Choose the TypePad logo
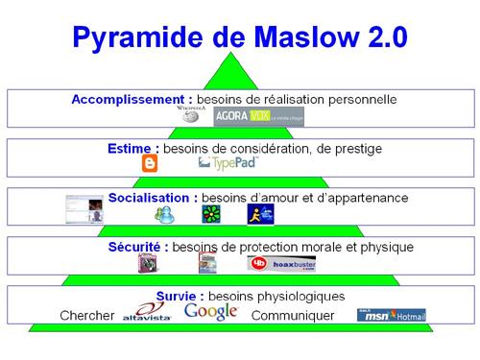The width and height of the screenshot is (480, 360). click(x=228, y=164)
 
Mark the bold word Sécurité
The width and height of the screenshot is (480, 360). click(x=138, y=247)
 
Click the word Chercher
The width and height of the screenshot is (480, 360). click(x=87, y=316)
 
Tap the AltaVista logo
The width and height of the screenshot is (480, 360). click(x=146, y=313)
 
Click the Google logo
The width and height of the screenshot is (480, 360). click(x=210, y=311)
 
